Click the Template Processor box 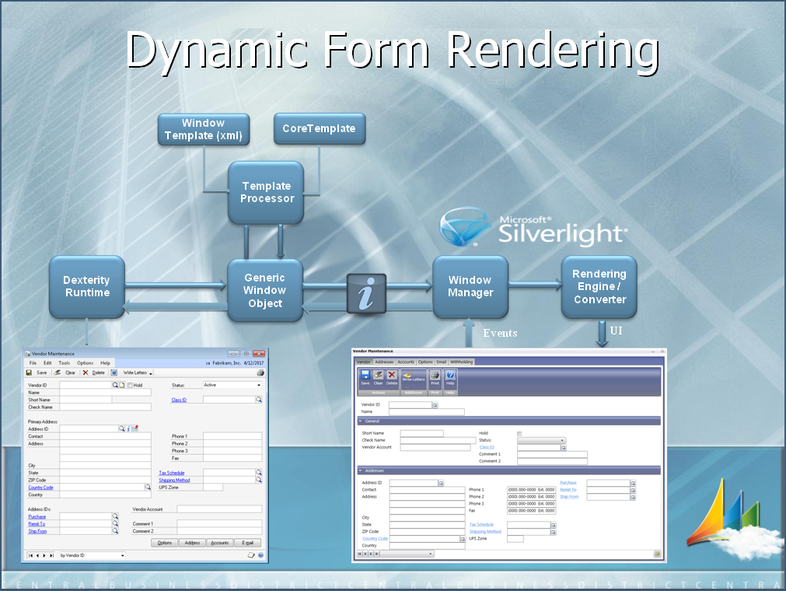click(265, 191)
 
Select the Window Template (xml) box click(203, 129)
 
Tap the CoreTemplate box click(318, 129)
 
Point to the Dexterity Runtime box click(86, 286)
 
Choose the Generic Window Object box click(264, 290)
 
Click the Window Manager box click(470, 286)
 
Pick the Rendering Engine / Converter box click(599, 286)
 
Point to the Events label click(500, 333)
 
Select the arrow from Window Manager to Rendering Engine click(534, 285)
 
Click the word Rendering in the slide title click(551, 51)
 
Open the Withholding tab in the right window click(461, 362)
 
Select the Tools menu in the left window click(64, 363)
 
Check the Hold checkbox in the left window click(129, 385)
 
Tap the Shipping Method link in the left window click(174, 481)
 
